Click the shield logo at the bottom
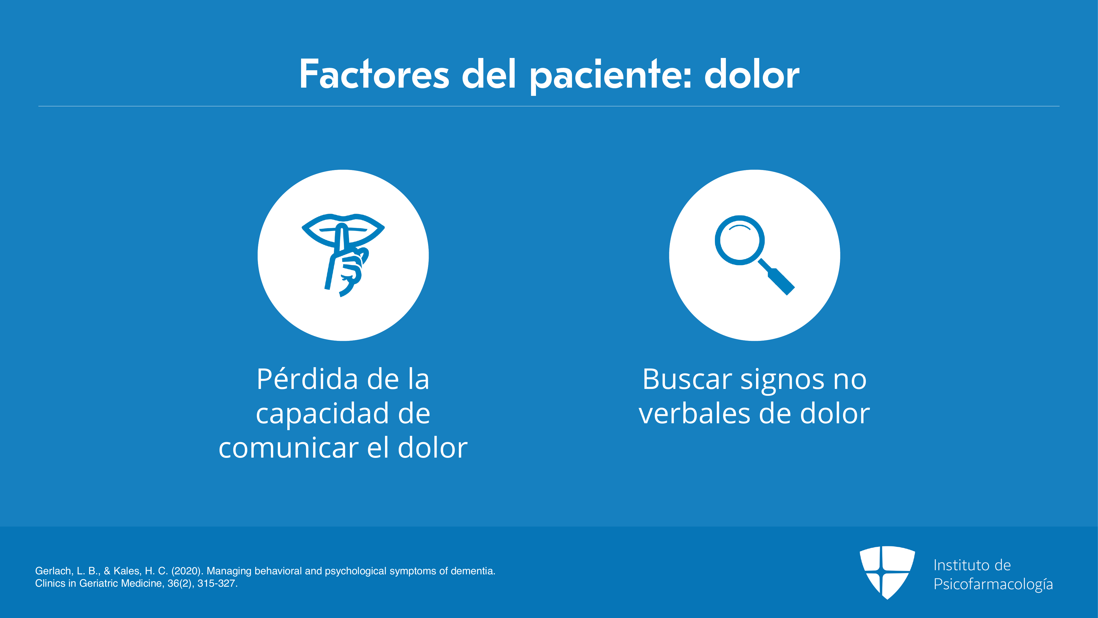click(x=887, y=572)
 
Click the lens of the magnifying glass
click(x=740, y=240)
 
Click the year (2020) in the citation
click(x=187, y=571)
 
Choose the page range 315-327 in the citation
click(x=217, y=583)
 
